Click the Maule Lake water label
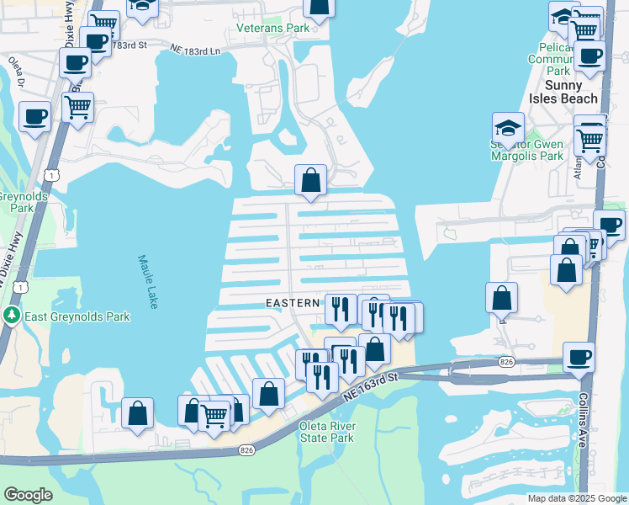click(147, 281)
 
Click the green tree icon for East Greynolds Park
click(11, 316)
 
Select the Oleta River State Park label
click(327, 432)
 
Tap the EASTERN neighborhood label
click(292, 302)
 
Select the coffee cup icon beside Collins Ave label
click(579, 357)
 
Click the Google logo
click(27, 495)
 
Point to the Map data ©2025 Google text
click(577, 498)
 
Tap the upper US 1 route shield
click(52, 174)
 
